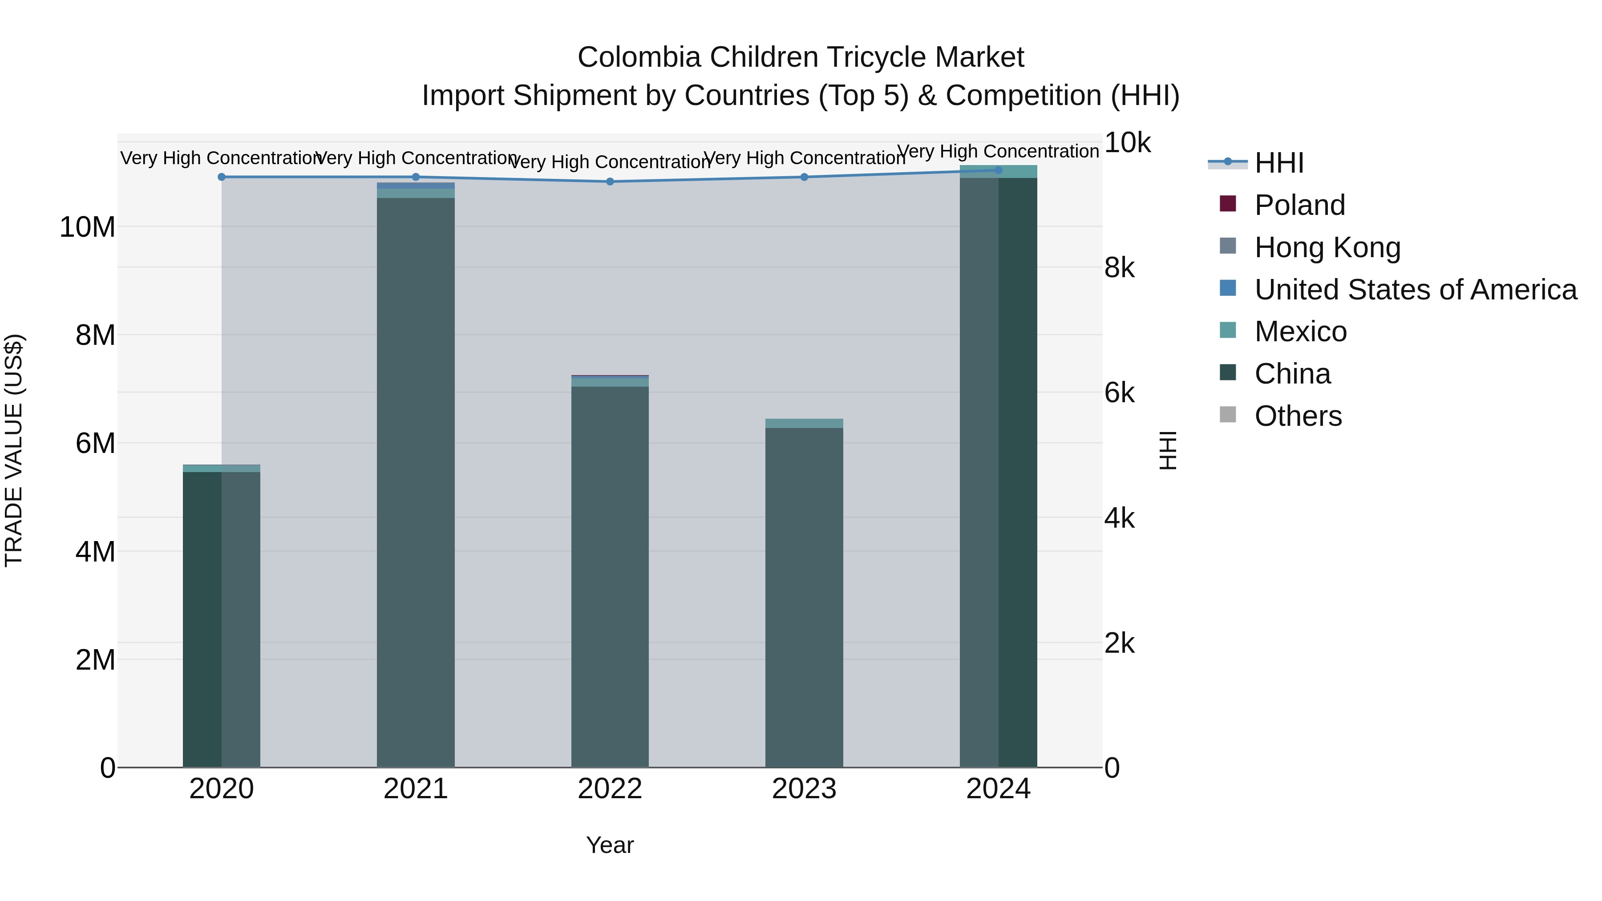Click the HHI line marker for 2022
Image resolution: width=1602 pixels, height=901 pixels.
pos(610,182)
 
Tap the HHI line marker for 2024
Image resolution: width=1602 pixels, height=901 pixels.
pos(998,170)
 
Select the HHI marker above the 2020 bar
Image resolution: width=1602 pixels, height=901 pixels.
pos(222,177)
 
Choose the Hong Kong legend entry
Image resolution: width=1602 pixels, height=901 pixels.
pos(1327,247)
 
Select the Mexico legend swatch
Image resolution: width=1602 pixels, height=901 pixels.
pos(1228,331)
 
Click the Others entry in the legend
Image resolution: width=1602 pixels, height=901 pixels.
pos(1298,416)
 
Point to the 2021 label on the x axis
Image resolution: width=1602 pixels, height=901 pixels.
pos(416,789)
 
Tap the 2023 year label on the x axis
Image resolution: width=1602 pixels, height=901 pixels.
pos(804,789)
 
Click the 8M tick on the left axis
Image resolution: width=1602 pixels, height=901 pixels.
pos(95,335)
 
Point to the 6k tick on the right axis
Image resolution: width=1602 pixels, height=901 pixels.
pos(1120,393)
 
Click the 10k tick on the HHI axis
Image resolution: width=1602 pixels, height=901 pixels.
pos(1127,143)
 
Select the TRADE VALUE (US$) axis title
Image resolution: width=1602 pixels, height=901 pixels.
pos(14,450)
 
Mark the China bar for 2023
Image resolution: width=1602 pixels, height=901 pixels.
pos(804,597)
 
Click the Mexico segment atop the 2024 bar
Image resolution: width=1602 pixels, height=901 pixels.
pos(998,172)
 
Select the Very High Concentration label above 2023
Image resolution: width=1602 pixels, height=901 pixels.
pos(804,158)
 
